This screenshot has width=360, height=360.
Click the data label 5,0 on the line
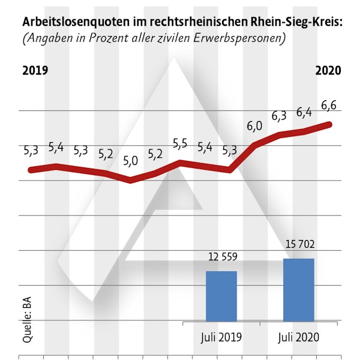pyautogui.click(x=130, y=160)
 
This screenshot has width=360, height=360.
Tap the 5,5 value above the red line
pyautogui.click(x=180, y=143)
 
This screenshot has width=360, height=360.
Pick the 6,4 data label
pyautogui.click(x=305, y=112)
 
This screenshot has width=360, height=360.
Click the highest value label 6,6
pyautogui.click(x=329, y=106)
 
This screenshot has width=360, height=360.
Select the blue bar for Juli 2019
pyautogui.click(x=221, y=296)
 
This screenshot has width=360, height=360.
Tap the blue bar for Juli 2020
pyautogui.click(x=298, y=289)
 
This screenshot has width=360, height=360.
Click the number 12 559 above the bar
pyautogui.click(x=223, y=257)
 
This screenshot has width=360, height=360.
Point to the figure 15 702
pyautogui.click(x=299, y=245)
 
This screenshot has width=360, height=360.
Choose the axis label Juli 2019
pyautogui.click(x=221, y=337)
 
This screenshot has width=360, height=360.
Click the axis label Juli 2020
pyautogui.click(x=298, y=337)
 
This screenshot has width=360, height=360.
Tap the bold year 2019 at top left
pyautogui.click(x=35, y=70)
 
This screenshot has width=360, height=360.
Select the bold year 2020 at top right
pyautogui.click(x=328, y=70)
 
